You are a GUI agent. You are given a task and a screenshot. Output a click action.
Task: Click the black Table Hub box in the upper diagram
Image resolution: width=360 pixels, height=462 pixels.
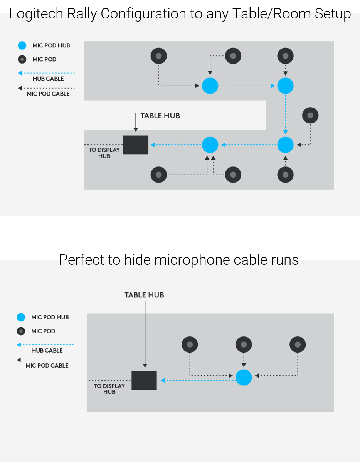[x=136, y=145]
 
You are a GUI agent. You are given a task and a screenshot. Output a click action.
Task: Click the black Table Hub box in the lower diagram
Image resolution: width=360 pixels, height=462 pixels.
[x=144, y=380]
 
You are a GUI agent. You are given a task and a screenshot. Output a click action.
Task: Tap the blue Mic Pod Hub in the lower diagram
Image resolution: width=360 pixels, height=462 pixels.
[x=244, y=377]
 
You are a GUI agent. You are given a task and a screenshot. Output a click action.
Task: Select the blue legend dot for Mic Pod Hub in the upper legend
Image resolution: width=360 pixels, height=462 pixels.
[x=22, y=45]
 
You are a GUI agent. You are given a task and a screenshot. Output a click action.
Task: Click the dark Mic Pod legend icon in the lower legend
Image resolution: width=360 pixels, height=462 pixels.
[x=21, y=331]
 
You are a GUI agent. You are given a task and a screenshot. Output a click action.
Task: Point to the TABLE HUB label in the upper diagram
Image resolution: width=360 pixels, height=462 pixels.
[x=160, y=116]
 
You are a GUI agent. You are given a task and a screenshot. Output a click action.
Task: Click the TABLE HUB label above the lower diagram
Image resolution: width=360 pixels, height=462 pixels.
[x=144, y=295]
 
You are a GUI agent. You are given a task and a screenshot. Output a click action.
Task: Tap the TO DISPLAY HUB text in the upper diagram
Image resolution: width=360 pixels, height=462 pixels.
[x=104, y=153]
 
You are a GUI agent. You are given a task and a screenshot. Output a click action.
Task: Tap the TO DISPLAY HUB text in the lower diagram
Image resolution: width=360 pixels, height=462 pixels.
[x=109, y=389]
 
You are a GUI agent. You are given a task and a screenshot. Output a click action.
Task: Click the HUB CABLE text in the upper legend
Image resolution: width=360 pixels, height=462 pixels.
[x=48, y=79]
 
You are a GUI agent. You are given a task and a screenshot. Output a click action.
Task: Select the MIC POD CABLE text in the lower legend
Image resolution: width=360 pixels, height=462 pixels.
[x=47, y=366]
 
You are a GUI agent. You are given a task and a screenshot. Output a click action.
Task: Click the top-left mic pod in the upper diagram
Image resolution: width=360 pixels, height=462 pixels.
[x=158, y=56]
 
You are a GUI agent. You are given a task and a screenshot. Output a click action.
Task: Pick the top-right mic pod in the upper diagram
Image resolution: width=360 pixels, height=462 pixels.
[x=285, y=56]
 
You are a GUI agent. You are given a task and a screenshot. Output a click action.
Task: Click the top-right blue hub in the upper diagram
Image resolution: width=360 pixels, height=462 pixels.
[x=285, y=86]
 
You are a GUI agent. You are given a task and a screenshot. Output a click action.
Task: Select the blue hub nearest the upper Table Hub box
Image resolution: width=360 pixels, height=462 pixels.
[x=210, y=145]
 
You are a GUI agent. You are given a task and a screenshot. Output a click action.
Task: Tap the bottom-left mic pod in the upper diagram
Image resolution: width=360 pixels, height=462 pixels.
[x=158, y=175]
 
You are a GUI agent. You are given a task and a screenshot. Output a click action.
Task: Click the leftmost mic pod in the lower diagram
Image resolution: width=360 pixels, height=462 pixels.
[x=190, y=344]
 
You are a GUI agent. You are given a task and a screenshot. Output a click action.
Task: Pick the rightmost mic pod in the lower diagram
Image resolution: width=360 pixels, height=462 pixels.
[x=298, y=344]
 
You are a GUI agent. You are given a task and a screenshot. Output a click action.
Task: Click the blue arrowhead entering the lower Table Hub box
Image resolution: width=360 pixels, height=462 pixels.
[x=163, y=380]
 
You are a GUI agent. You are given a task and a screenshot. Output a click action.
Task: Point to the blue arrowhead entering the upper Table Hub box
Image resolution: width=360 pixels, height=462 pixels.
[x=153, y=145]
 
